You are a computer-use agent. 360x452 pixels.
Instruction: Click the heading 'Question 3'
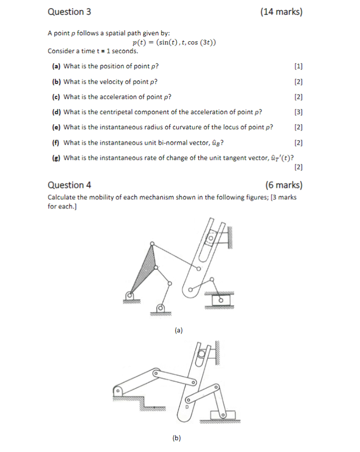coord(69,12)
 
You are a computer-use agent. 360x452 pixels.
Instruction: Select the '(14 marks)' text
coord(281,12)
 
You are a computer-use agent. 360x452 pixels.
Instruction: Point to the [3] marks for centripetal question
coord(299,112)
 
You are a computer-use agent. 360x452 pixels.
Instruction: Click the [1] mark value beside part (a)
coord(299,66)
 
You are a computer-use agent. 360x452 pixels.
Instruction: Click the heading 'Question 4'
coord(69,185)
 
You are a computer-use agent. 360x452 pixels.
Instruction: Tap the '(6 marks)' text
coord(284,185)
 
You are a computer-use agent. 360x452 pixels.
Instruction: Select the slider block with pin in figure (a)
coord(220,300)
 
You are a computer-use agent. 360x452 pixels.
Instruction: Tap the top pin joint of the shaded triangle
coord(152,244)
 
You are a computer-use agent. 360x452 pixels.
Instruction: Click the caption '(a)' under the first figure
coord(178,330)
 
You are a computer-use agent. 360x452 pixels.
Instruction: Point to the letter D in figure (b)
coord(187,408)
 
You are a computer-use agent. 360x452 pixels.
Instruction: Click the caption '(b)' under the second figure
coord(176,438)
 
